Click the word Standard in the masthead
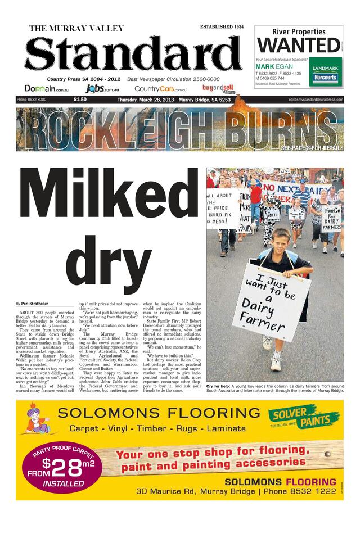[x=133, y=56]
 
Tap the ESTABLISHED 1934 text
[x=222, y=26]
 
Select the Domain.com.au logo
[x=47, y=89]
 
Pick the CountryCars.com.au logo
[x=160, y=89]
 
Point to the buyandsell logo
[x=217, y=88]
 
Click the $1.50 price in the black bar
[x=80, y=100]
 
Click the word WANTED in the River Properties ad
[x=299, y=45]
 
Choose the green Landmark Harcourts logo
[x=325, y=73]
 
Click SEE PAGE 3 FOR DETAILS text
[x=312, y=148]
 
